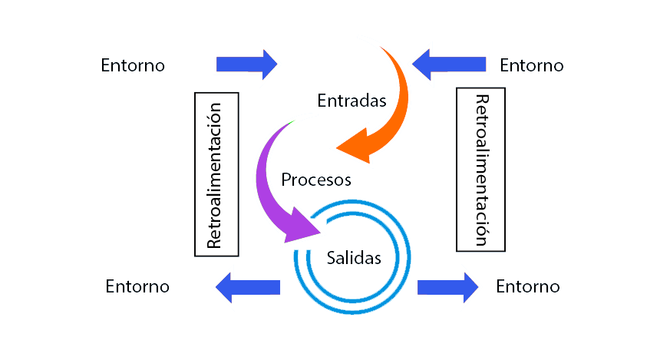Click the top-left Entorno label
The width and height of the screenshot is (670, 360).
(x=133, y=65)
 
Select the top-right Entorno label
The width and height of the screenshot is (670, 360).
(x=531, y=65)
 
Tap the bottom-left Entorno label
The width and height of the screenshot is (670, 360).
(x=137, y=287)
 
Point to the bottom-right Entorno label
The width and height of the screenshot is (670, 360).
(x=528, y=287)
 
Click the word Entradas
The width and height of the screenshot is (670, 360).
(x=352, y=100)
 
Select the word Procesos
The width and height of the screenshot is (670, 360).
(x=316, y=180)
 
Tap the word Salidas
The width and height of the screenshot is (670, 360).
(x=353, y=258)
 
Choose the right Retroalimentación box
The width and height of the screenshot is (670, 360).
(x=480, y=170)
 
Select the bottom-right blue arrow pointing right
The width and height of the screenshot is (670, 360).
(x=448, y=287)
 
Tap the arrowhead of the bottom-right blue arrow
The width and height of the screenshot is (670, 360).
(x=470, y=287)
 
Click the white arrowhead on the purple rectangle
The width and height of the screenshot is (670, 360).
(x=310, y=226)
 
